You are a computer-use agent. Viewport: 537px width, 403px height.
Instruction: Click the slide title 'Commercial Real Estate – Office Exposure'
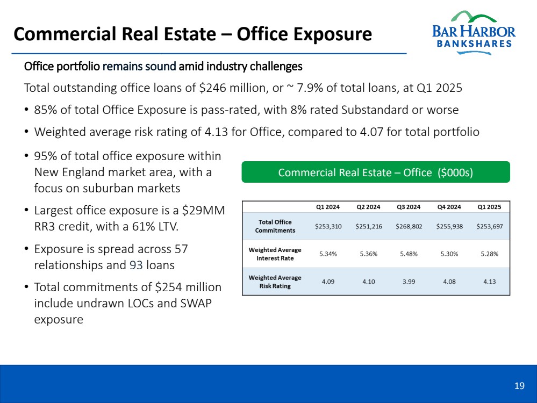[x=192, y=34]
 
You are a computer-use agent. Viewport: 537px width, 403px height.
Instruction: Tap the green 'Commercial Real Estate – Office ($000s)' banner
[x=376, y=172]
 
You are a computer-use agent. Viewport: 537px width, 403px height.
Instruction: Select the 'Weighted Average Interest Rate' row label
[x=275, y=254]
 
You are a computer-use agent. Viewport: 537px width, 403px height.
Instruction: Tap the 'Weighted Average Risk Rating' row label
[x=275, y=282]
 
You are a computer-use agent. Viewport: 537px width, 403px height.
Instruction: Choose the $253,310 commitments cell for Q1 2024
[x=328, y=226]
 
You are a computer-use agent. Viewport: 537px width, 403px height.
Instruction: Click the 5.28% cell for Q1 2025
[x=489, y=254]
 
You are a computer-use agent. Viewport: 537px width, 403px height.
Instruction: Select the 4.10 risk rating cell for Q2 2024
[x=369, y=282]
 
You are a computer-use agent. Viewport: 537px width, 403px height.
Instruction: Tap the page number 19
[x=519, y=386]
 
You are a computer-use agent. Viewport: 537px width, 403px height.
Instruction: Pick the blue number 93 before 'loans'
[x=137, y=265]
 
